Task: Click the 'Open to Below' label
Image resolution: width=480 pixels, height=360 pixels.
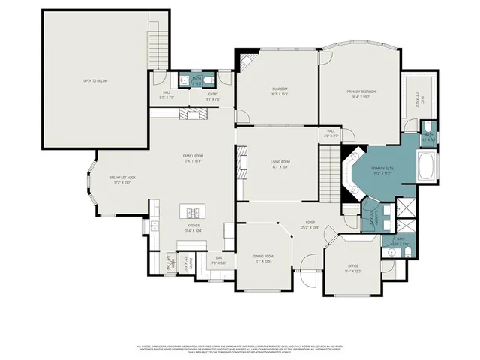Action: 96,81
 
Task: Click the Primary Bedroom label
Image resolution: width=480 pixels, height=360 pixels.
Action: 361,93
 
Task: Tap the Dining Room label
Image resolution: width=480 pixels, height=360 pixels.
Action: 263,258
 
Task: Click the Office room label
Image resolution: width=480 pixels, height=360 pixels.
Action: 353,268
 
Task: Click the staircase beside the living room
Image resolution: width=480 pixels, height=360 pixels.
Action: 331,172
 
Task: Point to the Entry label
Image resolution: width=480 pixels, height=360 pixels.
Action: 212,95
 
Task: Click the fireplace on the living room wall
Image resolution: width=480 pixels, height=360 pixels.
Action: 241,162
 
